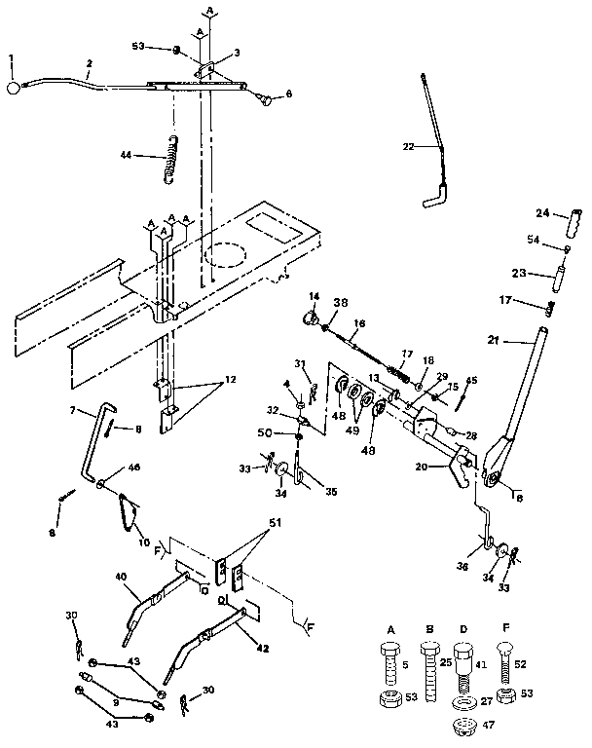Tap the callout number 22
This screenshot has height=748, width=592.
pyautogui.click(x=408, y=145)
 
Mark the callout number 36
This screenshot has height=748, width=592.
pyautogui.click(x=463, y=565)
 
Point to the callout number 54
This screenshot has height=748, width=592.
pyautogui.click(x=535, y=240)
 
